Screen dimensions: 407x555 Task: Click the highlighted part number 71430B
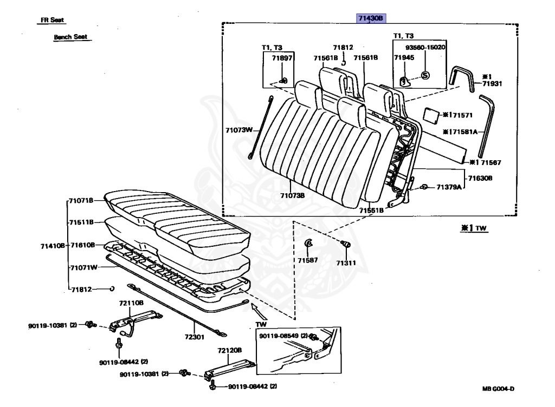[370, 18]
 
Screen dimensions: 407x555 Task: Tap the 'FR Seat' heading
[53, 20]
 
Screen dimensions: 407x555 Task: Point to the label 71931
[486, 84]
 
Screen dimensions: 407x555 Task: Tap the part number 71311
[345, 263]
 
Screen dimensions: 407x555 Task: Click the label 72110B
[131, 304]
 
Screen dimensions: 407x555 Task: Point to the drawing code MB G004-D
[498, 389]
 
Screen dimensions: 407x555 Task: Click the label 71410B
[53, 245]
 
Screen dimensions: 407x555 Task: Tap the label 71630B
[481, 178]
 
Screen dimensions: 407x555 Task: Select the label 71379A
[449, 187]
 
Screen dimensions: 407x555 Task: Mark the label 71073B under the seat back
[292, 195]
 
